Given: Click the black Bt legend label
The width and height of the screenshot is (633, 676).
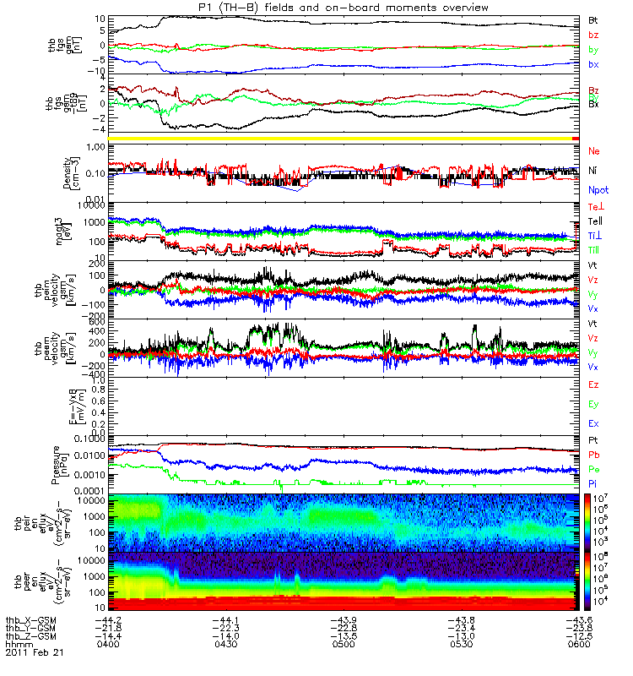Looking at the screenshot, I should click(594, 19).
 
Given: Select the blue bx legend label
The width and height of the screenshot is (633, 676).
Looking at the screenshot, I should click(594, 64).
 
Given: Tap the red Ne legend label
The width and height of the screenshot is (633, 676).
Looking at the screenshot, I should click(594, 151).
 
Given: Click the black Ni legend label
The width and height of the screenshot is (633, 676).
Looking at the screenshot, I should click(593, 171).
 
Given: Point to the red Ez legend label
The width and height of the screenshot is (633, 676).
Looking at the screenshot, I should click(594, 385).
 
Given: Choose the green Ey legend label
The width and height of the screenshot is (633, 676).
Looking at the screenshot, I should click(594, 404).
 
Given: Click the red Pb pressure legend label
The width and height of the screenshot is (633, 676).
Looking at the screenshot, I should click(594, 455).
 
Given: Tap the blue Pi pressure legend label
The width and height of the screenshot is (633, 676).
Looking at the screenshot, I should click(593, 483).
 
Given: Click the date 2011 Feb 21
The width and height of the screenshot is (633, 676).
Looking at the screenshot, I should click(34, 653).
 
